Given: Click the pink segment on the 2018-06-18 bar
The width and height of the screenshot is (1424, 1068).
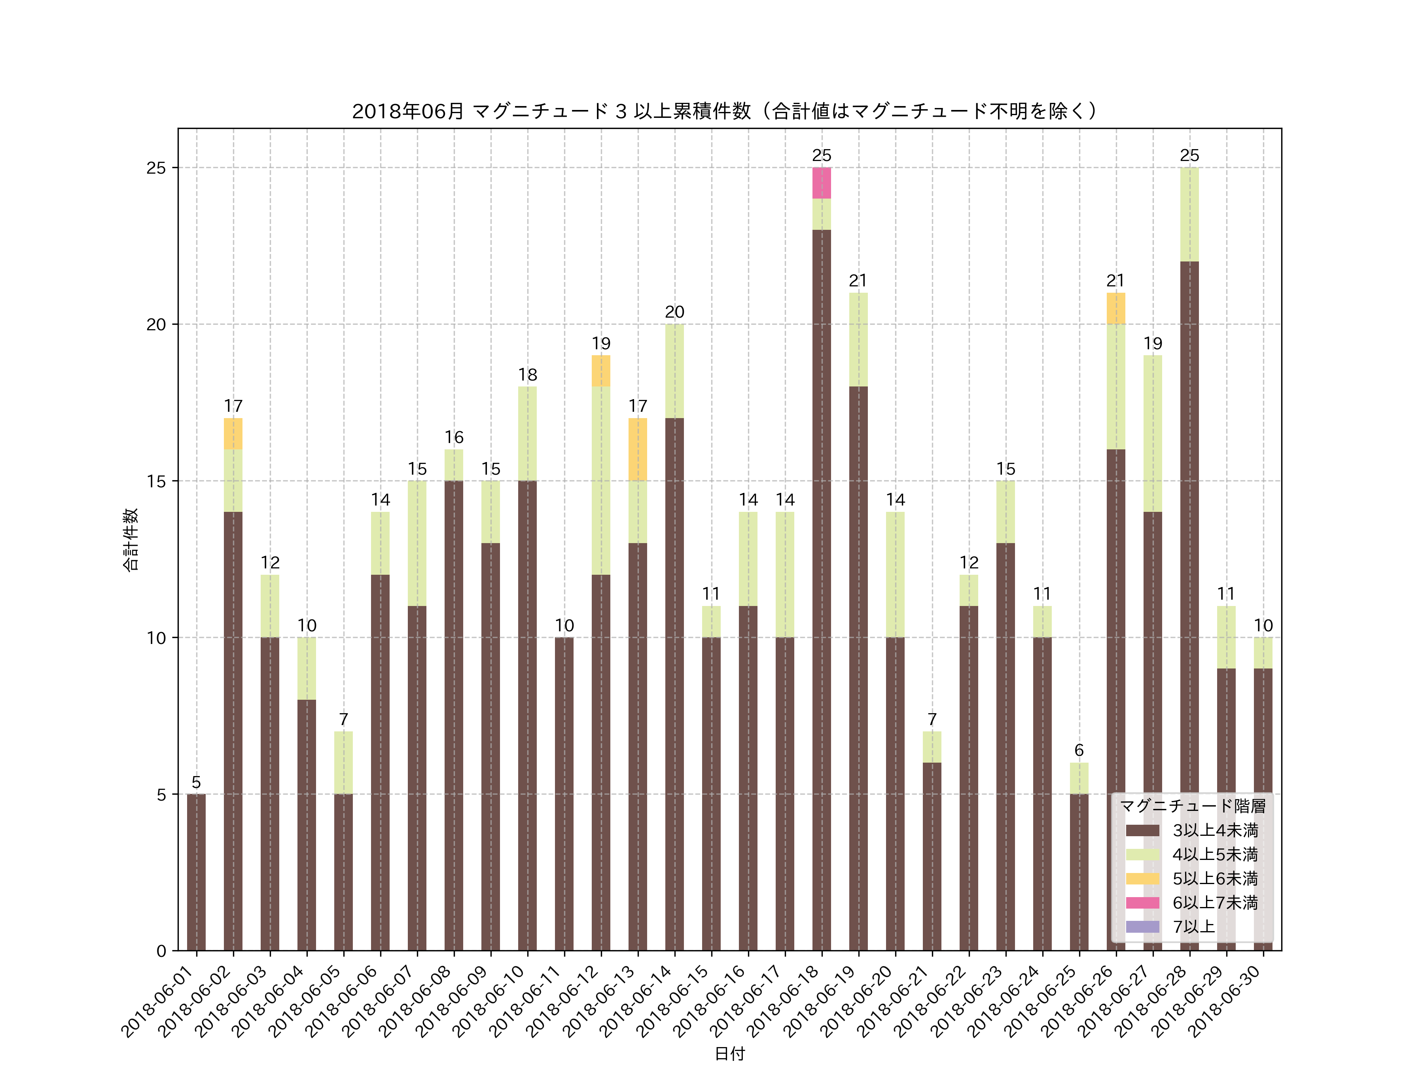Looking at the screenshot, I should point(822,183).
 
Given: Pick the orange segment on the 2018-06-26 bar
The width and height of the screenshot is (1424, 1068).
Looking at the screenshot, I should point(1115,309).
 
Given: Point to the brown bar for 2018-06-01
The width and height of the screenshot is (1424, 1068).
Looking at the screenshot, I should point(196,872).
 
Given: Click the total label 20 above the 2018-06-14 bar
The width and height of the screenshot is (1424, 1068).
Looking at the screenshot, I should point(674,312).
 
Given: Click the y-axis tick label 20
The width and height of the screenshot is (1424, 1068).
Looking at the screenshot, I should point(156,324).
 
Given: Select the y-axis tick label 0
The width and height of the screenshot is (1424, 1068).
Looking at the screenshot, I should point(161,951).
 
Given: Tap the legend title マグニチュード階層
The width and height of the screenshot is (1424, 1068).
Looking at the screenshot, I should point(1193,806).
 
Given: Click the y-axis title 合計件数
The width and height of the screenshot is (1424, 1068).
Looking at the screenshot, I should point(131,540).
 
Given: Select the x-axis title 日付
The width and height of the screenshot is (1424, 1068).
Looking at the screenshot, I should point(729,1053).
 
